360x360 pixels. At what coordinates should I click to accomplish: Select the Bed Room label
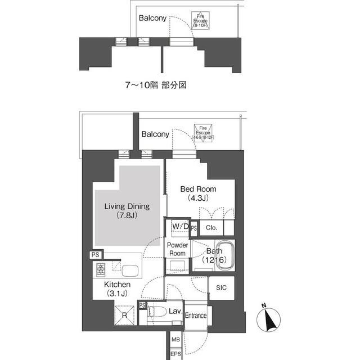tap(198, 193)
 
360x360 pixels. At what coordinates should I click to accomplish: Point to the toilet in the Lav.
tap(159, 313)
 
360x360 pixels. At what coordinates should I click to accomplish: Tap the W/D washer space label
tap(180, 226)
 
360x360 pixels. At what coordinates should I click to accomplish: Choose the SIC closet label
tap(221, 287)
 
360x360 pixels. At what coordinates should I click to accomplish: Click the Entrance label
tap(195, 316)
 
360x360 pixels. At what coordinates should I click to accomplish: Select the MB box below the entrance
tap(175, 340)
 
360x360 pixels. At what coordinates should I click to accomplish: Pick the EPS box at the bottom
tap(175, 353)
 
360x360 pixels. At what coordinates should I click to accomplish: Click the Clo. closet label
tap(211, 228)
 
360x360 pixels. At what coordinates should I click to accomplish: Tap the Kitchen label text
tap(117, 289)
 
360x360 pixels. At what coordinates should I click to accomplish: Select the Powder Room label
tap(178, 249)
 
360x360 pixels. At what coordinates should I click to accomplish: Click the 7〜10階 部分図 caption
tap(155, 85)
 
